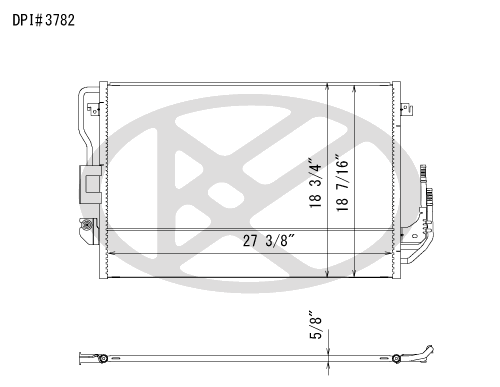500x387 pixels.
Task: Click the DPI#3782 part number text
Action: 43,20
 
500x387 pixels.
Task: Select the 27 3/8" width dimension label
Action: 269,240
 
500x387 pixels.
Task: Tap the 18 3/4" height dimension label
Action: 315,183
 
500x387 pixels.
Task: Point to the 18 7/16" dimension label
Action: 342,183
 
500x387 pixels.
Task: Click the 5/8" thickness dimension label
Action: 316,325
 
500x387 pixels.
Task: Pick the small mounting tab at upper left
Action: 94,109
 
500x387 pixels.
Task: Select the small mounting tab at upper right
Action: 406,109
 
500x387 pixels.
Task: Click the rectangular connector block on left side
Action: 90,184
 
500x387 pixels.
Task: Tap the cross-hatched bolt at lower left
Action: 86,225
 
